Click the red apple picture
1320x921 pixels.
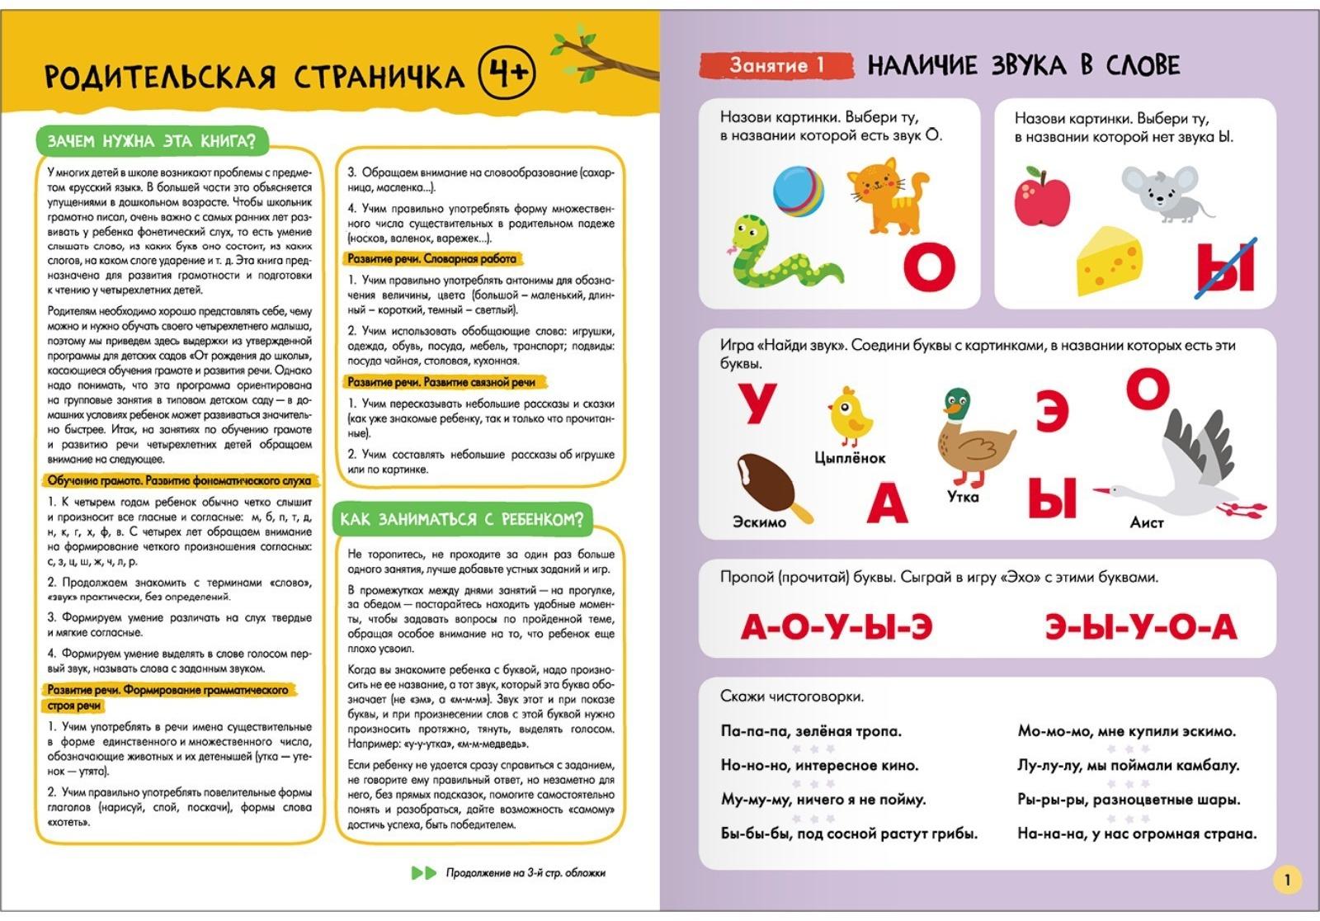1042,196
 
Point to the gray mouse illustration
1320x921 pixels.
1162,193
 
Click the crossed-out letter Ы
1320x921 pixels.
1226,267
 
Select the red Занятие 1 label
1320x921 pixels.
775,65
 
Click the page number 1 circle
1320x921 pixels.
1287,879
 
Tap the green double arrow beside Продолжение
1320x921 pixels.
423,873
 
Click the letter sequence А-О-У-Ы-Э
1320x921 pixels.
837,627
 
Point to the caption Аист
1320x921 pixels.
1147,522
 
